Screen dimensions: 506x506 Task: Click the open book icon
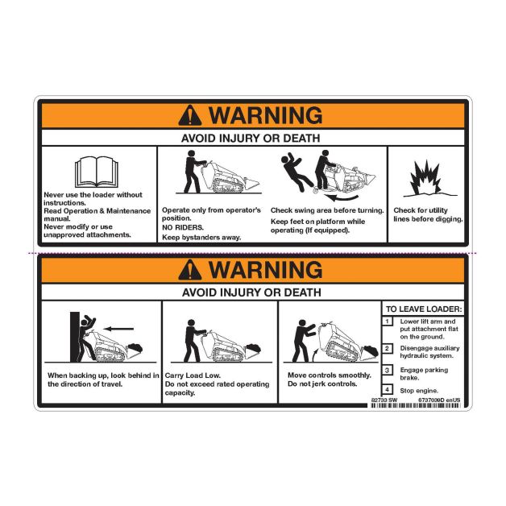(97, 172)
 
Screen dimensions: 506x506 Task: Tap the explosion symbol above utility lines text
(425, 178)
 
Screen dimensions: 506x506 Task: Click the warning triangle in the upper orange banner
(190, 115)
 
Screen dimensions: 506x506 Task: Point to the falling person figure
(297, 172)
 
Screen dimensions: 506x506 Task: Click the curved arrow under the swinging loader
(342, 197)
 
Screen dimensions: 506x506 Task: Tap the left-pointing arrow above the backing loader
(118, 329)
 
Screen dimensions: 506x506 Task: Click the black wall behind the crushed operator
(75, 337)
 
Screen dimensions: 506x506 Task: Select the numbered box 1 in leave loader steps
(388, 321)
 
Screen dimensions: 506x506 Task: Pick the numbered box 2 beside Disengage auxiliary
(388, 349)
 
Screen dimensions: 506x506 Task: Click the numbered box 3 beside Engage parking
(388, 370)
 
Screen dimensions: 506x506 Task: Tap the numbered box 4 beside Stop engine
(388, 389)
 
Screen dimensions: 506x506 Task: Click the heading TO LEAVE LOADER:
(424, 309)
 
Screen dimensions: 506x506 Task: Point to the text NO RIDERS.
(183, 227)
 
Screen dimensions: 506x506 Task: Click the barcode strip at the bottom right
(416, 405)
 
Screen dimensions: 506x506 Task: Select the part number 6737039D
(431, 400)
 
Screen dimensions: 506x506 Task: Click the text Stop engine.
(419, 391)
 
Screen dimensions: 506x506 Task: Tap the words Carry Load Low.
(193, 375)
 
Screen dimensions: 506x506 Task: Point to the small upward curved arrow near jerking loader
(316, 356)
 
